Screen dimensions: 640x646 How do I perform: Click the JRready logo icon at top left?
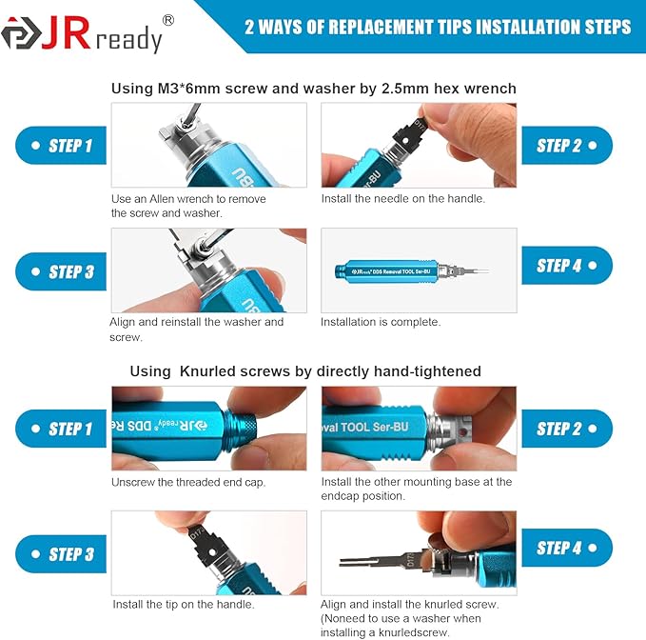point(18,34)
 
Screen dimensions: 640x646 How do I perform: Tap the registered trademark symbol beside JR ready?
point(167,19)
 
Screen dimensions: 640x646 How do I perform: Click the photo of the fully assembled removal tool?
point(419,270)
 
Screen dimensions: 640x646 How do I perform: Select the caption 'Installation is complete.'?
point(381,322)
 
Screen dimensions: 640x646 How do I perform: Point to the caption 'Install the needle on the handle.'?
point(402,198)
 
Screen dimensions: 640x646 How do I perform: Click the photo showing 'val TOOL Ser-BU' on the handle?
point(419,429)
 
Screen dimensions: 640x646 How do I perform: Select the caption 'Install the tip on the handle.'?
point(183,604)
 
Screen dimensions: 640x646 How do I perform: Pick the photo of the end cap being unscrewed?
point(208,429)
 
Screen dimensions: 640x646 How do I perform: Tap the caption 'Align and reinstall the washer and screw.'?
point(196,330)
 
